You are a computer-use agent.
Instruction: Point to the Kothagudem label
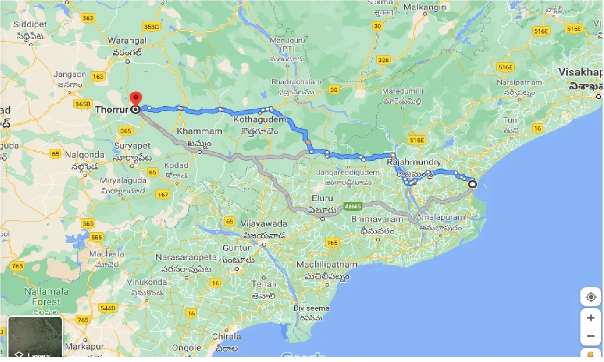click(x=260, y=120)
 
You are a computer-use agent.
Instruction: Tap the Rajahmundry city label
click(x=414, y=163)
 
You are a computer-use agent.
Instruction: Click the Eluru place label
click(x=322, y=198)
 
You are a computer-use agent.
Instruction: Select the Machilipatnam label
click(x=323, y=265)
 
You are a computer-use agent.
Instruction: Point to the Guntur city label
click(x=237, y=248)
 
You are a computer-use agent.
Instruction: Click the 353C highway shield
click(x=151, y=27)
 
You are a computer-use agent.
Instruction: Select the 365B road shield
click(x=83, y=104)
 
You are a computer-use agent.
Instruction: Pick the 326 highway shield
click(x=384, y=60)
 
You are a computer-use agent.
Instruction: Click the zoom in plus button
click(x=590, y=318)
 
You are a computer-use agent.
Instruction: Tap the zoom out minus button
click(x=590, y=336)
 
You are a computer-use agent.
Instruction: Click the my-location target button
click(x=590, y=297)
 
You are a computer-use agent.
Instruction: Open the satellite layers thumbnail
click(x=35, y=337)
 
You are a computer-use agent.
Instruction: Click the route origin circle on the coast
click(x=472, y=184)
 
